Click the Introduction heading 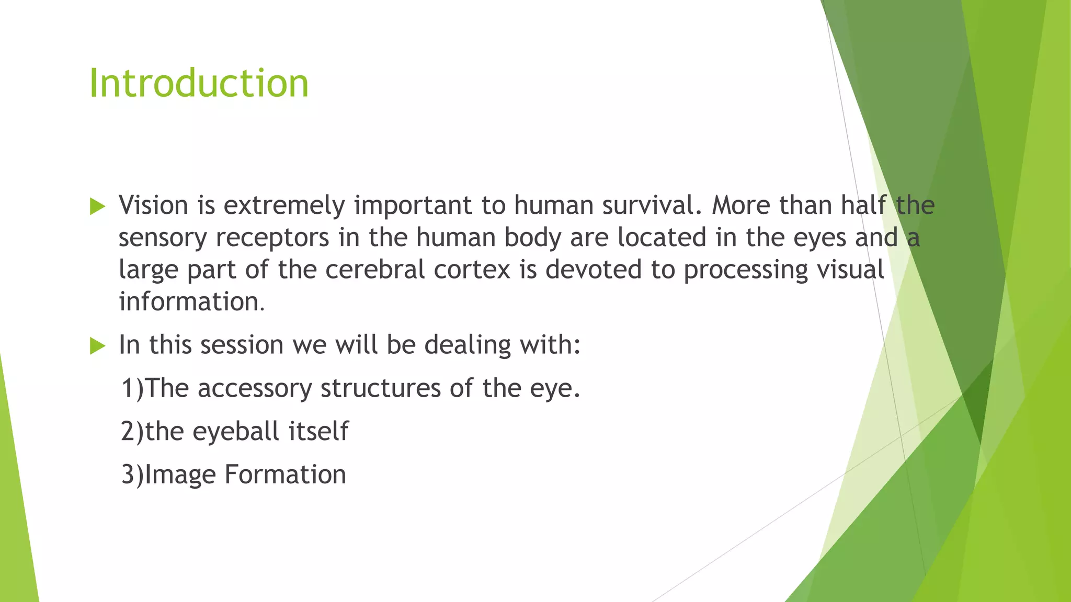point(199,84)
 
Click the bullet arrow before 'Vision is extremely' point(97,206)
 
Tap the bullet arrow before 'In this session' point(97,345)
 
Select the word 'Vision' point(153,205)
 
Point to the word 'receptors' point(272,238)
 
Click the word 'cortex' point(472,270)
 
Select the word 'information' point(189,302)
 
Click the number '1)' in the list point(132,389)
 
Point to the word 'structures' point(380,388)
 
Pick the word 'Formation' point(285,474)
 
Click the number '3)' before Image point(132,475)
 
